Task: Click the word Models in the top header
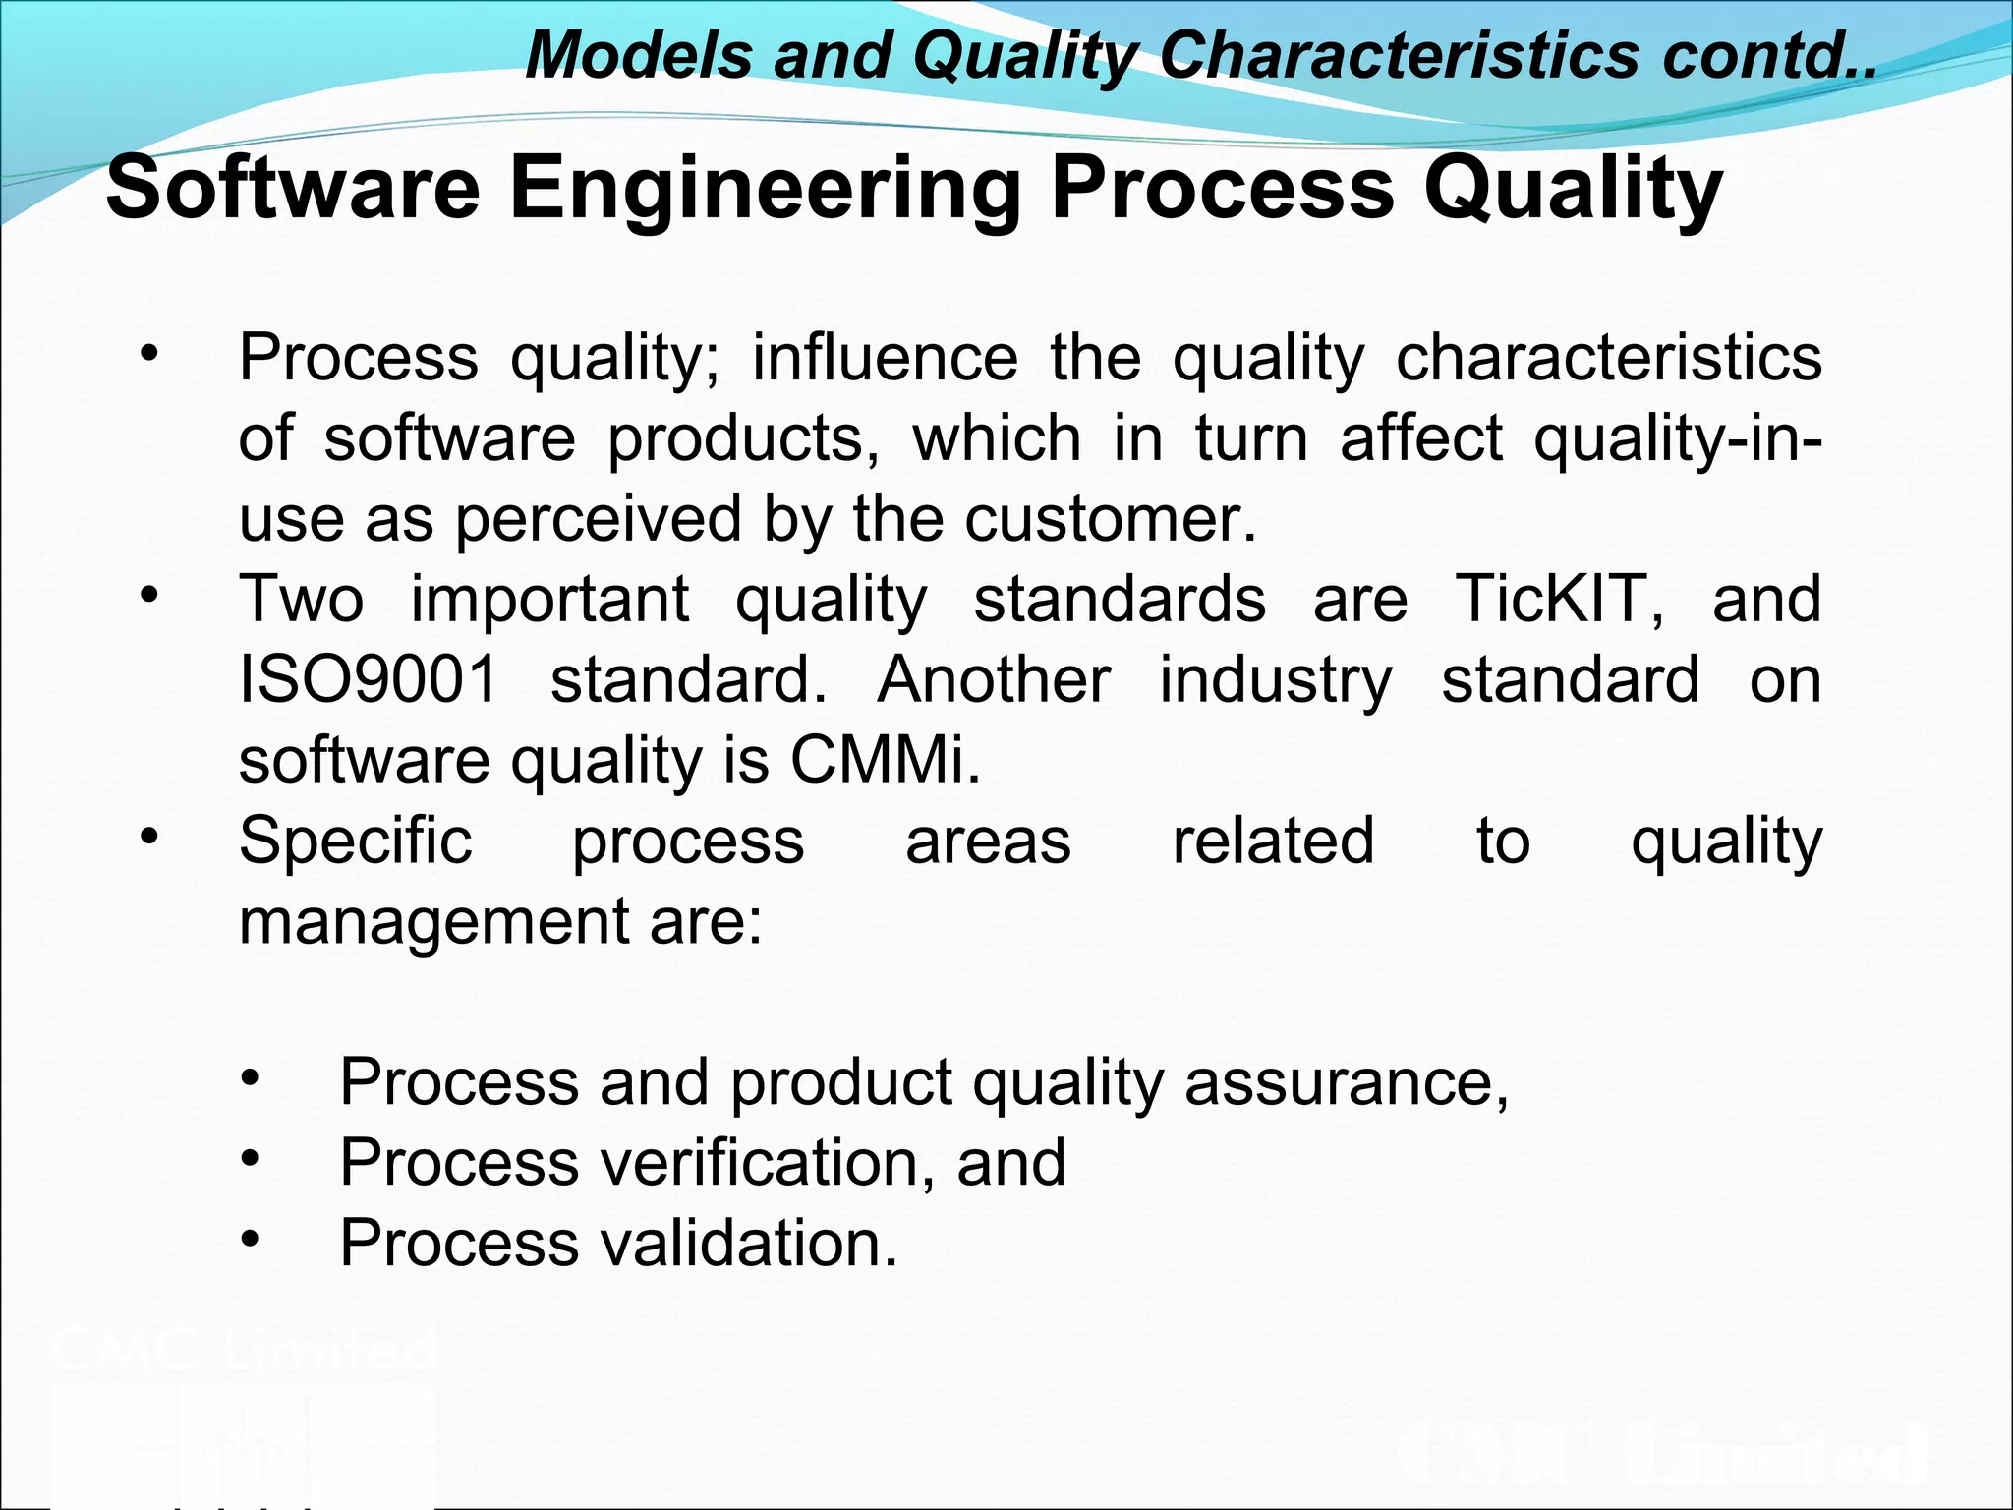pos(639,55)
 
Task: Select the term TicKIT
pos(1559,599)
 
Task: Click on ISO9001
pos(370,679)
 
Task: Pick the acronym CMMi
pos(885,760)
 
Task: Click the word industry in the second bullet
pos(1276,681)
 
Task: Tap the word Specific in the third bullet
pos(356,842)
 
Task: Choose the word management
pos(432,922)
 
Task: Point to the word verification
pos(761,1163)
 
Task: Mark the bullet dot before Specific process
pos(149,837)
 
